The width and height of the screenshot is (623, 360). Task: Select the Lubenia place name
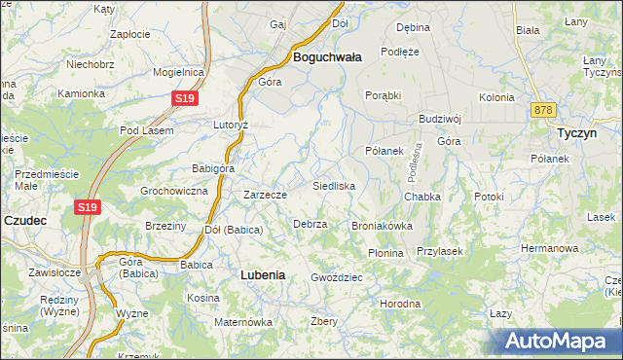263,275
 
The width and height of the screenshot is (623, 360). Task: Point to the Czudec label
25,221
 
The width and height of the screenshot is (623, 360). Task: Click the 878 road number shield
543,110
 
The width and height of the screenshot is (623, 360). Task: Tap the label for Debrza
310,224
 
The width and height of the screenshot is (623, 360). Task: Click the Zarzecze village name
265,195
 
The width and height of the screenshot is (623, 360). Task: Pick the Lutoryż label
232,126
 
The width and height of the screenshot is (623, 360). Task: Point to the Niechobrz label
91,65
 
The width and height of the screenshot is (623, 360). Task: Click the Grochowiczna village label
174,191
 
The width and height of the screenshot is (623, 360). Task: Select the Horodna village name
400,304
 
